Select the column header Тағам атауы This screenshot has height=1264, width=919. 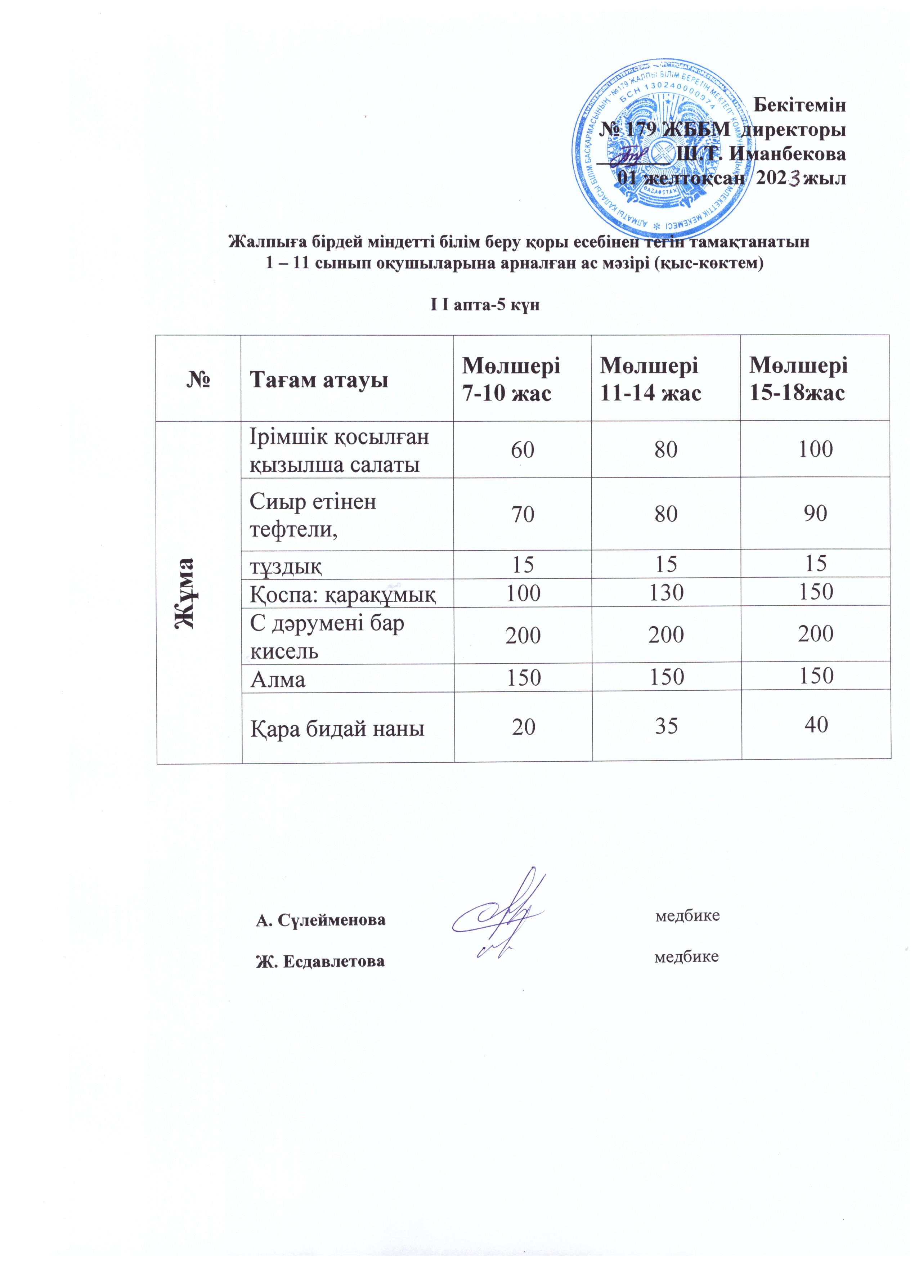[319, 380]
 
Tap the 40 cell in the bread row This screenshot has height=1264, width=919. [815, 724]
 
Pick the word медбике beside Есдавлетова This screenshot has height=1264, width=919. [686, 957]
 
